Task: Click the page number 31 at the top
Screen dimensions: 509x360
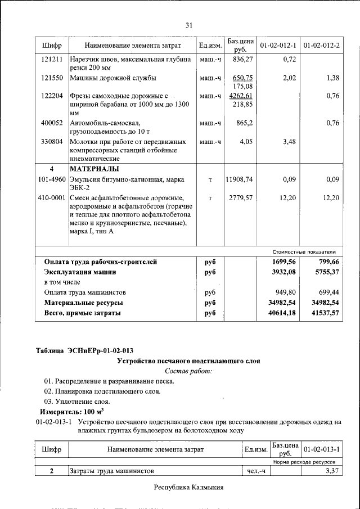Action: [189, 25]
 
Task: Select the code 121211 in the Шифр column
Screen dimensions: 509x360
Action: [52, 58]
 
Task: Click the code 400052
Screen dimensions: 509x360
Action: [52, 123]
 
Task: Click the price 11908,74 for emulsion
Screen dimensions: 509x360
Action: [239, 179]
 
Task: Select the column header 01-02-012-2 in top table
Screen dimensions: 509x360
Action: [321, 45]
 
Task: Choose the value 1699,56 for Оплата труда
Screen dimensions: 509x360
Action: [283, 262]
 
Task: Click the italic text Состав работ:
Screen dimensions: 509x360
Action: [188, 371]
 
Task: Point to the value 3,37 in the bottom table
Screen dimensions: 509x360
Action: [332, 471]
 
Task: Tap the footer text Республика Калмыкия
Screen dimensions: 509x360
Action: [189, 487]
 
